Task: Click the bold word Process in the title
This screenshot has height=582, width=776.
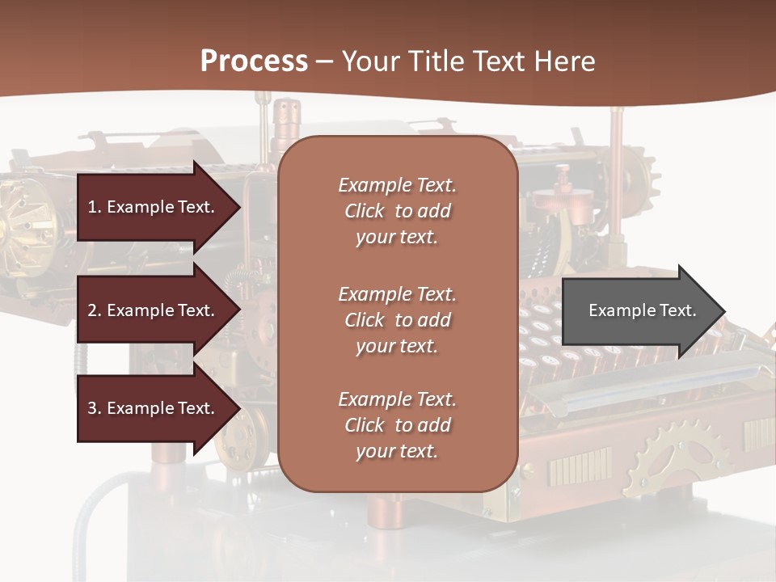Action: (254, 61)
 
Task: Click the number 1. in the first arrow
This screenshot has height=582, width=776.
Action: (95, 207)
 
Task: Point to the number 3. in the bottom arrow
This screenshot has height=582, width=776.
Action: (95, 408)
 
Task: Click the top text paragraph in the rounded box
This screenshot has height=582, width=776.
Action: (397, 211)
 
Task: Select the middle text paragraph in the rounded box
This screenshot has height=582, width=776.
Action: (397, 320)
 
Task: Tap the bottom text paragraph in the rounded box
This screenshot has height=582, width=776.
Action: (397, 425)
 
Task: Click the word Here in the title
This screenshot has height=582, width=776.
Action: (565, 61)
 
